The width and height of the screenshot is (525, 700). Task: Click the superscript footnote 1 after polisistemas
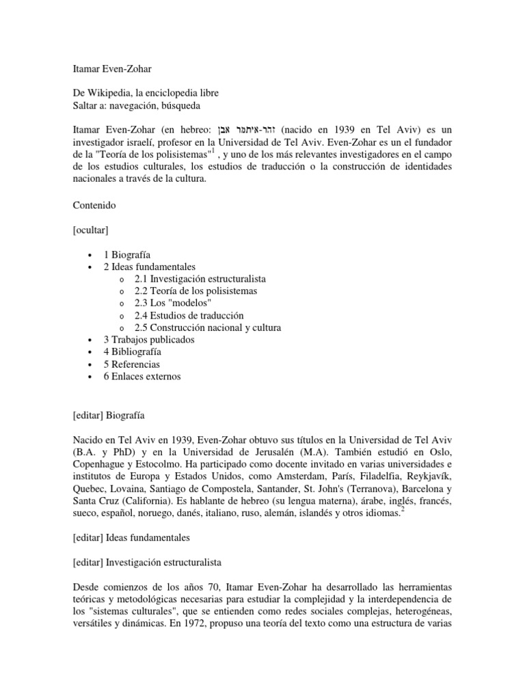point(213,151)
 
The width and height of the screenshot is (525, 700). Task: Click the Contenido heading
point(95,204)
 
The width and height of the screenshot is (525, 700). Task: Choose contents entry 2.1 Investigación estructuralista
point(200,279)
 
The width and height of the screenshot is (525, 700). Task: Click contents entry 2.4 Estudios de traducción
point(189,315)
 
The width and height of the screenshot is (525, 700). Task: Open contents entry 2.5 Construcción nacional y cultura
point(208,327)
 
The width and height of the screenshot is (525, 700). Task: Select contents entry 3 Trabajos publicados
point(148,340)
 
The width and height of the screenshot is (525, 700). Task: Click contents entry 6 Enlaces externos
point(142,376)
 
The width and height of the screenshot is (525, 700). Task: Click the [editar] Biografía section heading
point(109,415)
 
